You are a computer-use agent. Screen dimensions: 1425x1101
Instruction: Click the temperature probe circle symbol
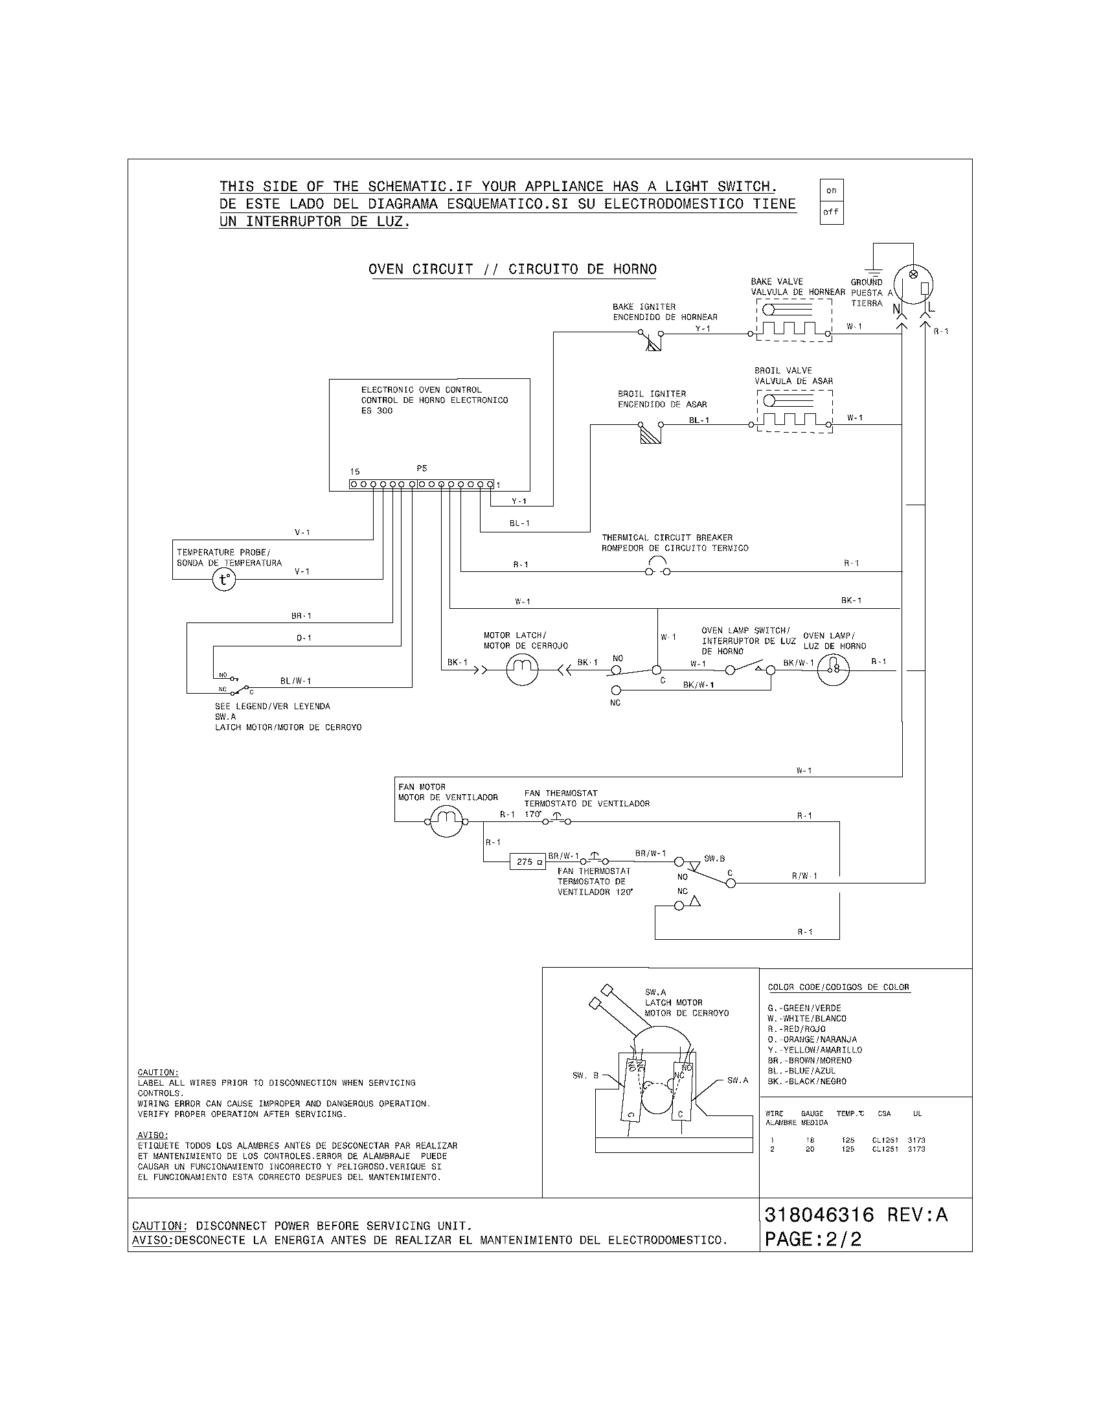(223, 580)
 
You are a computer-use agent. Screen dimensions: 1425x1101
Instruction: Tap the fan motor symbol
(446, 821)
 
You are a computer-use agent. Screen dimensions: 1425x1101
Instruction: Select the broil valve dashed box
(795, 411)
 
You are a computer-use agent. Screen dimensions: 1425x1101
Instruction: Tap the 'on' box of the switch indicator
(831, 190)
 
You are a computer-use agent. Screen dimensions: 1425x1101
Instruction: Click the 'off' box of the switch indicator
(831, 212)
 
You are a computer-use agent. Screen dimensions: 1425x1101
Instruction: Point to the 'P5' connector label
(422, 468)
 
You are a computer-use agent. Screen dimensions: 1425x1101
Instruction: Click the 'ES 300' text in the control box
(377, 411)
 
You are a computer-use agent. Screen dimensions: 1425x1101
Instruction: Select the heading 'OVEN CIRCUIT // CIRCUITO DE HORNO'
(512, 269)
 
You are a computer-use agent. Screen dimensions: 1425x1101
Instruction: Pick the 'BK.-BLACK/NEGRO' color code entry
(807, 1081)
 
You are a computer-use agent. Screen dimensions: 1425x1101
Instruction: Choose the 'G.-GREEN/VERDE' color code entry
(804, 1008)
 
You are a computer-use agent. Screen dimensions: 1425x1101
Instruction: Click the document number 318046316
(819, 1215)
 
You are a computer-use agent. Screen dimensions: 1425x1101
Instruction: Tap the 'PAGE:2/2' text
(813, 1239)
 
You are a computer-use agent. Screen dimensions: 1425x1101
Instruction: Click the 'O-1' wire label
(304, 638)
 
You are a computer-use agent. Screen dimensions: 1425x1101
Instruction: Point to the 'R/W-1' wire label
(804, 876)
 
